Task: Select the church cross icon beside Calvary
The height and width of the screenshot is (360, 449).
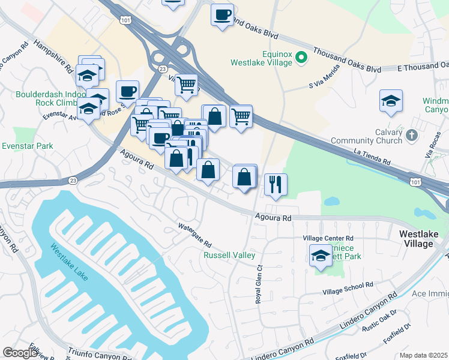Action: point(411,135)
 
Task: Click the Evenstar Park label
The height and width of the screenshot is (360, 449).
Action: point(27,146)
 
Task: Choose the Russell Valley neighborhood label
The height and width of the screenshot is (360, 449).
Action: point(229,255)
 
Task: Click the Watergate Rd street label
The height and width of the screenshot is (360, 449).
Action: point(195,235)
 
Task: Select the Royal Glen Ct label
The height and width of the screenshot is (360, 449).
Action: point(259,284)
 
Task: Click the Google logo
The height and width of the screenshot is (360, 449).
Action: point(20,353)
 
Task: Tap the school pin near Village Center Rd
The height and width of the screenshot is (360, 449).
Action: point(321,256)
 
